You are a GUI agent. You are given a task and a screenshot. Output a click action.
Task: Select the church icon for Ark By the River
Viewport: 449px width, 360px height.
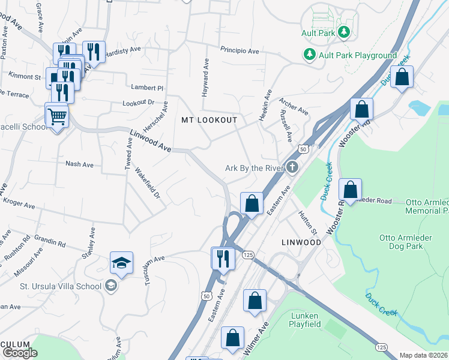pyautogui.click(x=292, y=167)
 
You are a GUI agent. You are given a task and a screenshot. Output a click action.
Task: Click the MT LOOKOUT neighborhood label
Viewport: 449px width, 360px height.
pyautogui.click(x=209, y=120)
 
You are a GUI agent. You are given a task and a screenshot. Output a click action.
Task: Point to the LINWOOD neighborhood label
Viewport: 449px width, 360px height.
pyautogui.click(x=301, y=242)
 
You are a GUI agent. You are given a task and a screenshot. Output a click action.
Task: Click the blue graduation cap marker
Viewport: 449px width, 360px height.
pyautogui.click(x=121, y=263)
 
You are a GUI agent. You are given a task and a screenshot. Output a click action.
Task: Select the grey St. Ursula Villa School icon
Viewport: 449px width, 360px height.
pyautogui.click(x=111, y=286)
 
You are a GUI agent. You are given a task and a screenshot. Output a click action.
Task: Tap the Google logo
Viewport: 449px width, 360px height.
pyautogui.click(x=20, y=352)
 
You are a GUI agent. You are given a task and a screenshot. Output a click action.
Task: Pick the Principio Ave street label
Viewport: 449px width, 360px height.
pyautogui.click(x=239, y=51)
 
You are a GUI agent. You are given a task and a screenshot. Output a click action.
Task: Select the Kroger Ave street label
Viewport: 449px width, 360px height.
pyautogui.click(x=19, y=203)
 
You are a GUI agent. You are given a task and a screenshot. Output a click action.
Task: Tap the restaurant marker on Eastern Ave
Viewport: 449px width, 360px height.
pyautogui.click(x=222, y=259)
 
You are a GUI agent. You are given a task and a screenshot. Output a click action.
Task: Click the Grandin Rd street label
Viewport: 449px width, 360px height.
pyautogui.click(x=50, y=241)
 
